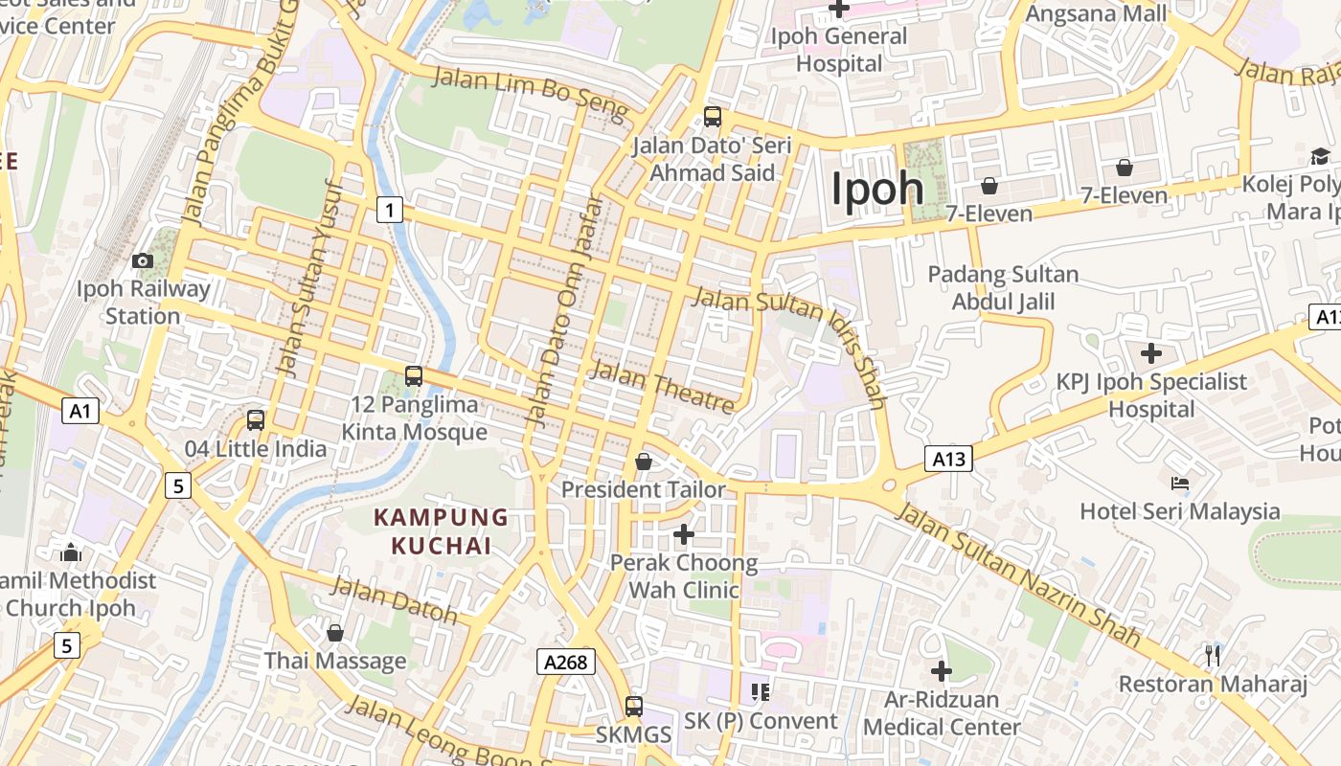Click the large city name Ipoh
point(876,189)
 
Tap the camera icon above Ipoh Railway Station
point(143,260)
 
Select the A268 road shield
point(566,661)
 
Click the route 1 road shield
point(389,209)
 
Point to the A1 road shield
point(80,412)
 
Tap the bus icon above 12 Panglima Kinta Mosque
point(414,376)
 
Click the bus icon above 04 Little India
point(256,419)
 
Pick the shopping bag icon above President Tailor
point(644,462)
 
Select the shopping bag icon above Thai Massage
point(335,633)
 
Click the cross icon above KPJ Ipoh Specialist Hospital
point(1151,353)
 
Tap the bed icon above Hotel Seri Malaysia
point(1180,483)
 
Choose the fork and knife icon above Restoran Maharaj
point(1213,655)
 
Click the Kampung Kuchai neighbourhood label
point(441,531)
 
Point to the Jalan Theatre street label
point(663,385)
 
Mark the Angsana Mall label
point(1097,13)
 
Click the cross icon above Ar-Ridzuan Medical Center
point(942,671)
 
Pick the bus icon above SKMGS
point(634,707)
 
